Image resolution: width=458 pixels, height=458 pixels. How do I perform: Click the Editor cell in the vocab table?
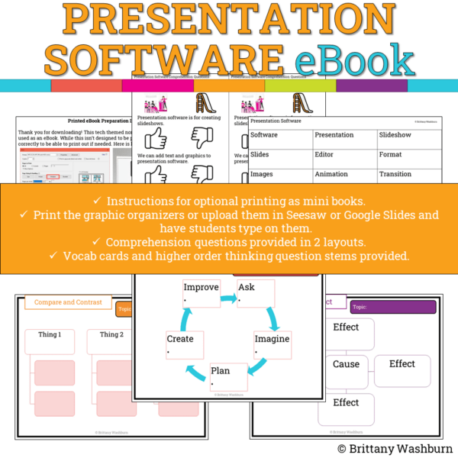(334, 154)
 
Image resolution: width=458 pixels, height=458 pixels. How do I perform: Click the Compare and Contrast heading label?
(68, 303)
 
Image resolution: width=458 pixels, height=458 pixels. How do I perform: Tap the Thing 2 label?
(111, 335)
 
